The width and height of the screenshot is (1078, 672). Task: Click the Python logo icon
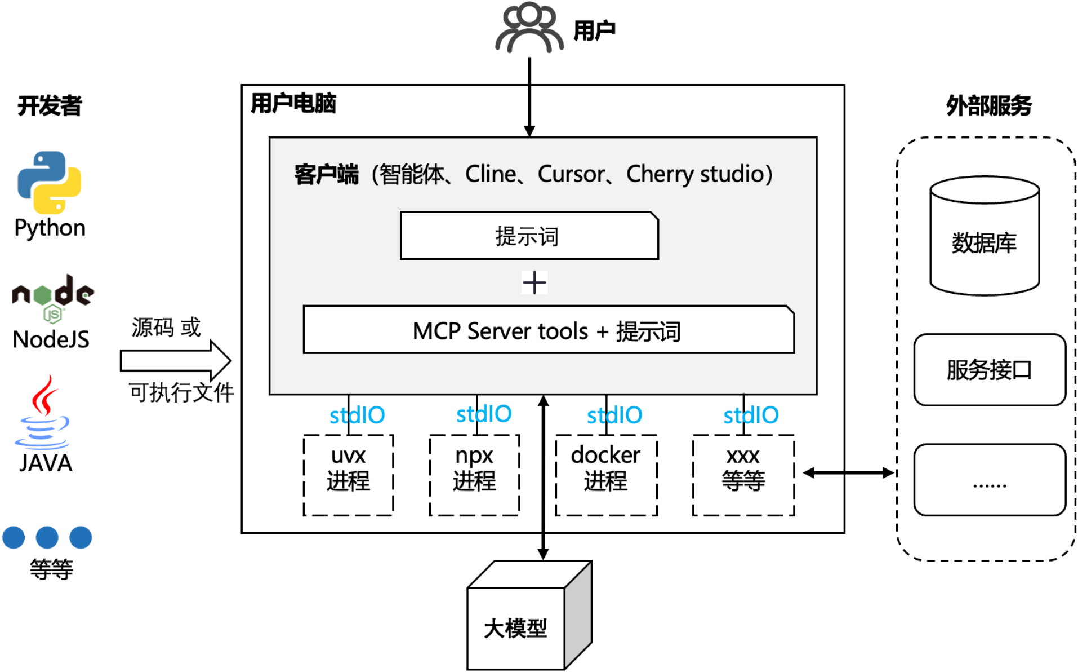tap(50, 182)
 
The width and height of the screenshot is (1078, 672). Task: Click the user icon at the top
tap(529, 28)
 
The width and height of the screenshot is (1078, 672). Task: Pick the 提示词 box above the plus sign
tap(529, 236)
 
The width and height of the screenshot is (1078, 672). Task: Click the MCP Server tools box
tap(548, 330)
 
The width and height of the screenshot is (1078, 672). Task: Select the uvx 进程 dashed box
tap(348, 475)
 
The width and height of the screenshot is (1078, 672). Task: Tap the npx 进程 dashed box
tap(474, 475)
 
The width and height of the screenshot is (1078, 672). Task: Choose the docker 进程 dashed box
tap(606, 475)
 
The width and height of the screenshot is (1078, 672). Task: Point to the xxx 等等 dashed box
tap(743, 475)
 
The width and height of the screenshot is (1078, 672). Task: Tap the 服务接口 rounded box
tap(989, 370)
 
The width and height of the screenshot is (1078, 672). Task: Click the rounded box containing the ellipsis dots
tap(989, 480)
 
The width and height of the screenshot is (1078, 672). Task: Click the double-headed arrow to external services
tap(848, 472)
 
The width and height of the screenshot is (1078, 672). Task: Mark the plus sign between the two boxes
tap(534, 282)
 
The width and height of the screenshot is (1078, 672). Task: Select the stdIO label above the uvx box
tap(357, 415)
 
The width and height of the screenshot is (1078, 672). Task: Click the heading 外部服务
tap(988, 105)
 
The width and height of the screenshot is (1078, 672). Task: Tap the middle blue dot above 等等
tap(47, 537)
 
